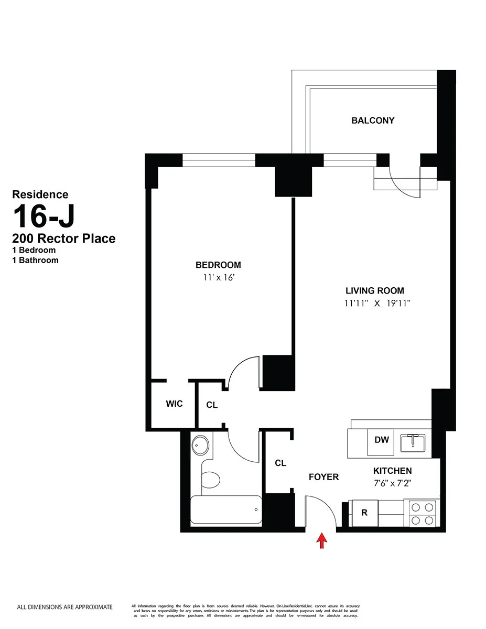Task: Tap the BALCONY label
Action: click(373, 121)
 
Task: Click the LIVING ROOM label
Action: click(374, 291)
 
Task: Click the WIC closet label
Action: click(174, 404)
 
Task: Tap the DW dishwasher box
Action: click(382, 440)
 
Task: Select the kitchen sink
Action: click(414, 443)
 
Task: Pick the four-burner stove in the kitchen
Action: click(423, 514)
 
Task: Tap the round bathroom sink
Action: click(200, 446)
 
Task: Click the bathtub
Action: click(225, 510)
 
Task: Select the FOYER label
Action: click(323, 477)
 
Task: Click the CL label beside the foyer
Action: click(280, 463)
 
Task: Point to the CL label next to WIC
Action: click(212, 405)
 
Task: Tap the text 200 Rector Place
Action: click(64, 239)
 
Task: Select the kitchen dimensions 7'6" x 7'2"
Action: click(392, 484)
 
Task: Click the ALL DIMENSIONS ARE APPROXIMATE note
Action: click(65, 607)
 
